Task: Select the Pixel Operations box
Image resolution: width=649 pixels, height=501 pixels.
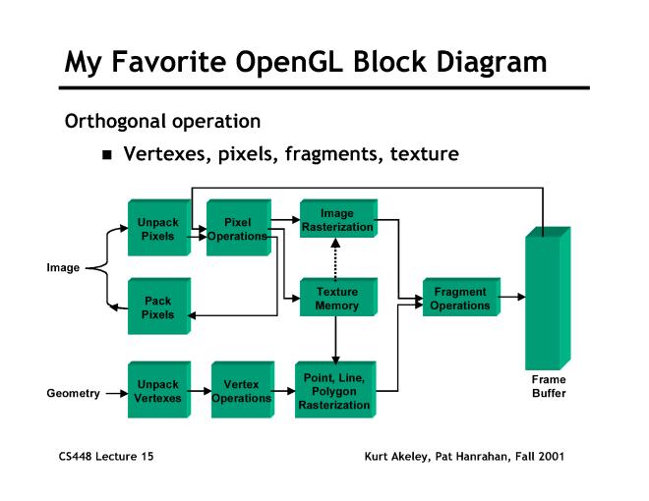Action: [238, 230]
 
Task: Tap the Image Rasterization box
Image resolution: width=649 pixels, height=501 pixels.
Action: [336, 221]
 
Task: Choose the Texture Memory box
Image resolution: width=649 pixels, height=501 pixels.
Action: [336, 299]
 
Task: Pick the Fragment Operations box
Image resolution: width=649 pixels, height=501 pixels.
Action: [460, 299]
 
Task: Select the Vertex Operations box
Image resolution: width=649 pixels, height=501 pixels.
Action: [241, 392]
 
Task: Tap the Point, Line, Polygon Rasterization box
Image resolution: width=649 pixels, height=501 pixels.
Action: [336, 392]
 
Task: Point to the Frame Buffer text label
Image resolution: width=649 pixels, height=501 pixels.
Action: [549, 386]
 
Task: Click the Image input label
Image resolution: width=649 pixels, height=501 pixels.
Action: [64, 267]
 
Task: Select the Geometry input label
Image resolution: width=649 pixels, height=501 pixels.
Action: [73, 393]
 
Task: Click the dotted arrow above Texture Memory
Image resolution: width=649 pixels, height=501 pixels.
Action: [336, 261]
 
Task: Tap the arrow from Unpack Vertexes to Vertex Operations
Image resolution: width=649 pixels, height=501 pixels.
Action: [199, 393]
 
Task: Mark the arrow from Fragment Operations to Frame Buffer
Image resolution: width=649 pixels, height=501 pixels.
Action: [512, 294]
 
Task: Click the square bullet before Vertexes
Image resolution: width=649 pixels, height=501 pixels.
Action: [109, 155]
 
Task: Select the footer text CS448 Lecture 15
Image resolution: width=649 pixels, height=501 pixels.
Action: [105, 457]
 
